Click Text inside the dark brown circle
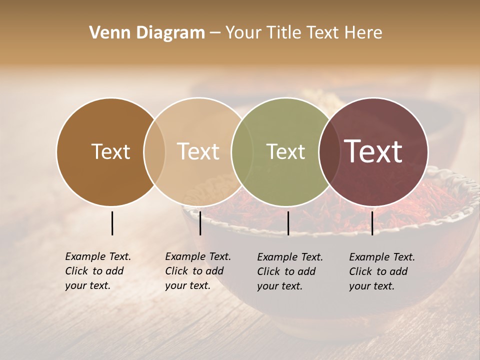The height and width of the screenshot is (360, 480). coord(110,151)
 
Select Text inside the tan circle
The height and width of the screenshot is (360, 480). coord(198,151)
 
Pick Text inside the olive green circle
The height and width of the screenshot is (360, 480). coord(285,151)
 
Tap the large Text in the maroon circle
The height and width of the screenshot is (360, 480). coord(373,151)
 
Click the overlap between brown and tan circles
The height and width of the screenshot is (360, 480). coord(154,151)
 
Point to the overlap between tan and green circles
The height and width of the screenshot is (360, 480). coord(242,151)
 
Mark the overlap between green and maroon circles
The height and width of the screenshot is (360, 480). coord(328,151)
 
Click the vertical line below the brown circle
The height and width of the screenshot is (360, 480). coord(112,223)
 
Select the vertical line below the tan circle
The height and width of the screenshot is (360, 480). coord(200,223)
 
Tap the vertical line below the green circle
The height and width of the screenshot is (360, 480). coord(288,223)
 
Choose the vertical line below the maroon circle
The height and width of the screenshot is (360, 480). coord(372,223)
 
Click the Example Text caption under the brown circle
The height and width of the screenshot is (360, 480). coord(98,271)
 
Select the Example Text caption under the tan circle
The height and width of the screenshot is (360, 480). coord(198,271)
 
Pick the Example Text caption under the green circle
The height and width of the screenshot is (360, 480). coord(290,271)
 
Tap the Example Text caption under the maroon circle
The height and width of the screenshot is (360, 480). coord(382,271)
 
